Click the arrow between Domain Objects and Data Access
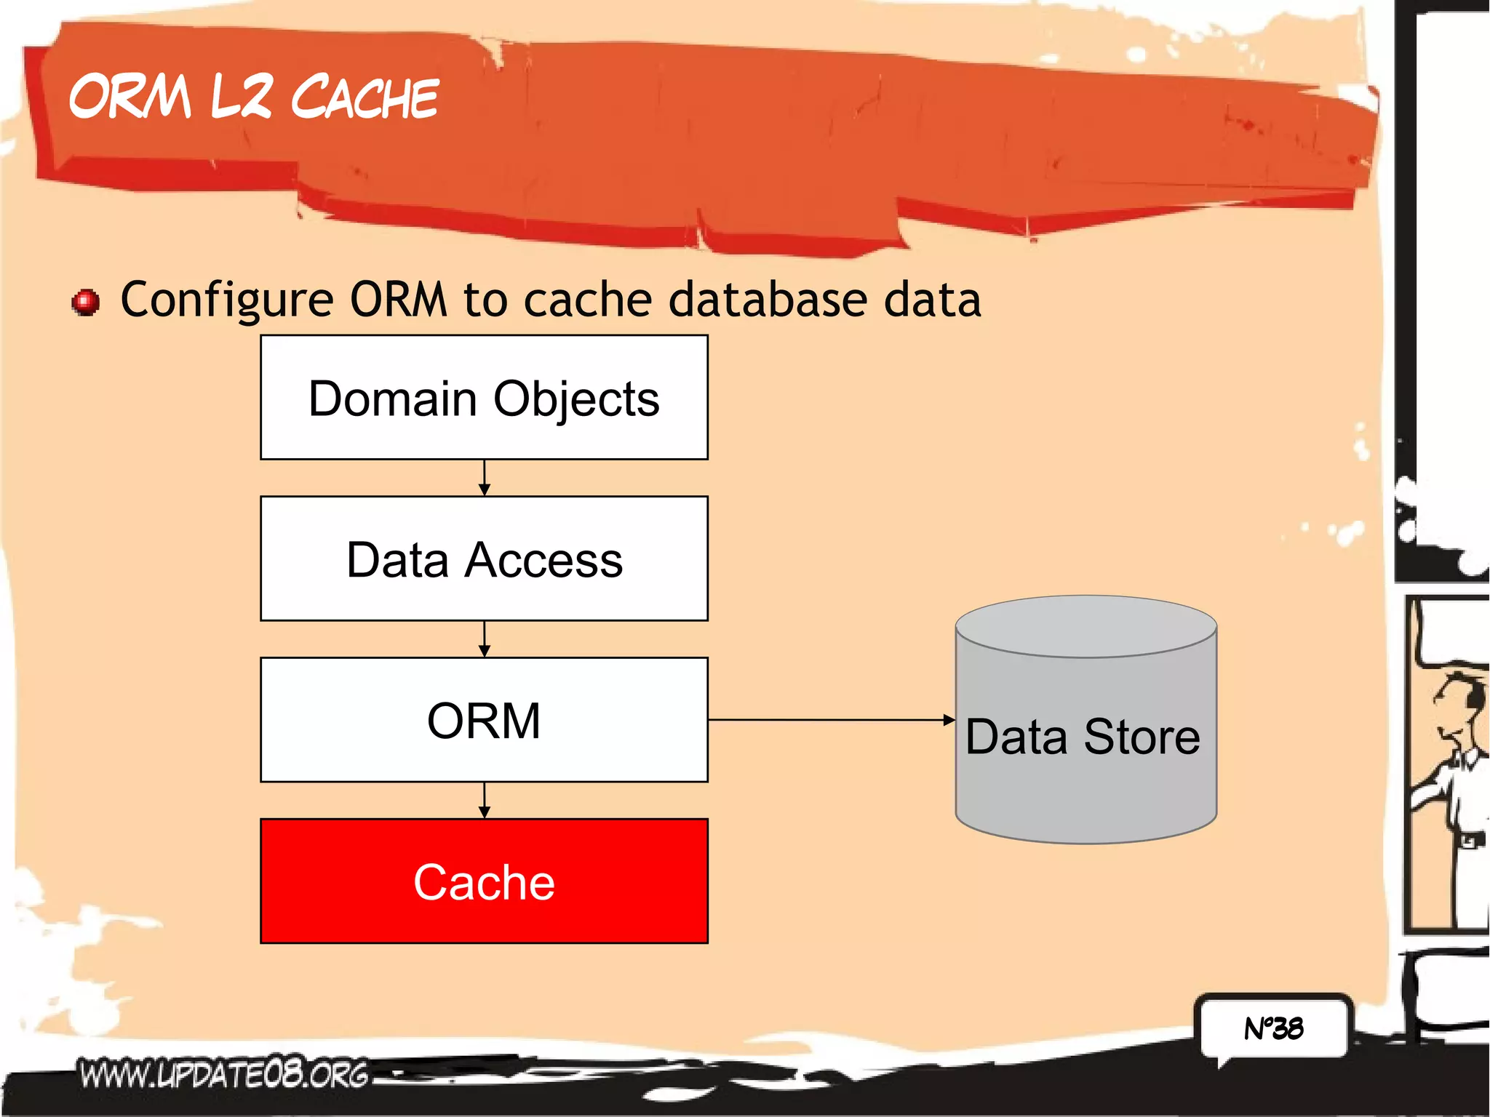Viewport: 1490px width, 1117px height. tap(485, 479)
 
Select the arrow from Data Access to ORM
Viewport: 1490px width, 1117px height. tap(485, 639)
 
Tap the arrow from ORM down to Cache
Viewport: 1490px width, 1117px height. tap(485, 801)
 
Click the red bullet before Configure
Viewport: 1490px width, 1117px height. tap(86, 302)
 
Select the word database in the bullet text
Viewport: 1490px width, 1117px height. tap(768, 300)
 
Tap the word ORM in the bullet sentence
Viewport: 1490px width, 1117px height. tap(398, 300)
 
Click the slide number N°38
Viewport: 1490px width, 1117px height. tap(1274, 1028)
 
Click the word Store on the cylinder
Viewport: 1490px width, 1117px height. tap(1142, 737)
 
